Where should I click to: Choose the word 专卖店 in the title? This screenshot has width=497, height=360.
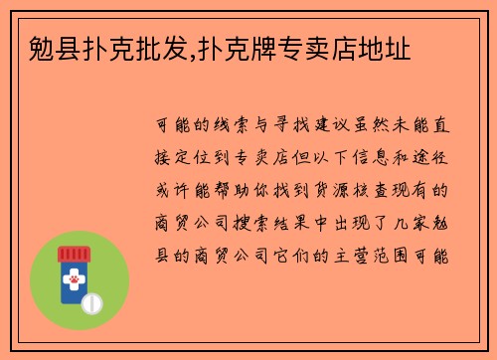(304, 46)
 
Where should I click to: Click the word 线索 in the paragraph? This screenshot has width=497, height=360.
(242, 127)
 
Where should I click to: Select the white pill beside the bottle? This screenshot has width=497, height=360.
(92, 302)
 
